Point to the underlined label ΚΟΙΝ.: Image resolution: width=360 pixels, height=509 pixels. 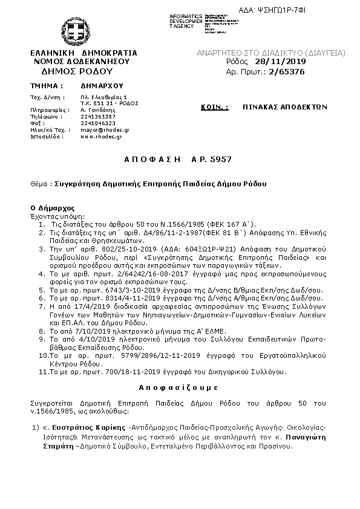tap(215, 106)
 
